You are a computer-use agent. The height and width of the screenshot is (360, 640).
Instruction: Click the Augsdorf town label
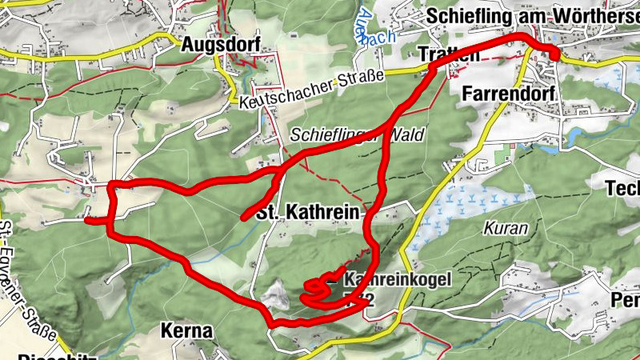[221, 44]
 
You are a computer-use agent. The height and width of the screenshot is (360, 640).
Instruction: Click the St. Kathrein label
[308, 214]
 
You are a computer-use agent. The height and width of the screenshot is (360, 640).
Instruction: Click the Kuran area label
[506, 228]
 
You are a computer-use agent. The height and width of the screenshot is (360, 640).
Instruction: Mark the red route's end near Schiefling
[554, 54]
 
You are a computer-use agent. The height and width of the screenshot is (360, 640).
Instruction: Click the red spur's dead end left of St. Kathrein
[243, 218]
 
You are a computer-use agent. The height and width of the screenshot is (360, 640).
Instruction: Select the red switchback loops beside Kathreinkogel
[318, 290]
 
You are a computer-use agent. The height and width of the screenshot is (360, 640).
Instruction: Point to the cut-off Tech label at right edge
[623, 189]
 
